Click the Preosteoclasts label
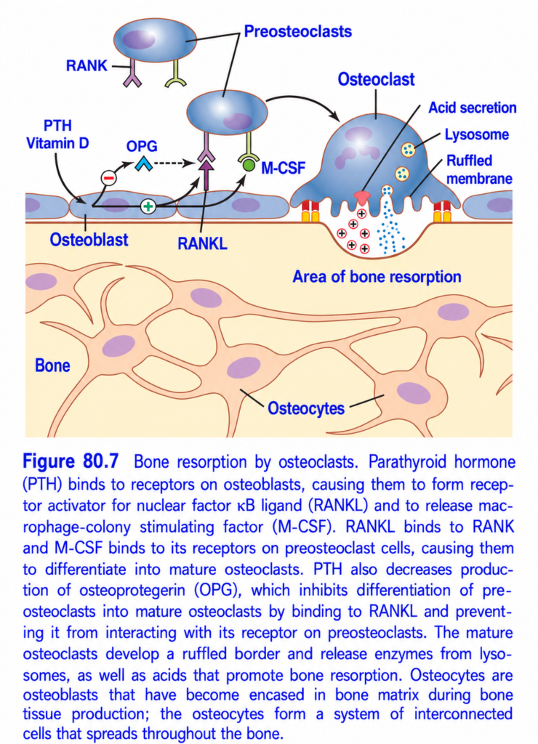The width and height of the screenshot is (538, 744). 298,31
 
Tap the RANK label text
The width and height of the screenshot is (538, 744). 87,65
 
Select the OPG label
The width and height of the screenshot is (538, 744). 142,146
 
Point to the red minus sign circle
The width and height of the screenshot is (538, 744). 109,177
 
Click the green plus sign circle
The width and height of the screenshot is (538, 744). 148,206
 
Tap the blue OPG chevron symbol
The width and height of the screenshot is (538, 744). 143,164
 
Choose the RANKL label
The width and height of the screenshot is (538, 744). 202,243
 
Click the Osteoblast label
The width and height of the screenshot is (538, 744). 89,240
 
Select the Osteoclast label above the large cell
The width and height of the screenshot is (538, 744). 376,79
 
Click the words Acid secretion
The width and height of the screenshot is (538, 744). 473,108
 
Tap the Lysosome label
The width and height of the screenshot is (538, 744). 477,134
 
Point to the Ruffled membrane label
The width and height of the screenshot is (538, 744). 479,169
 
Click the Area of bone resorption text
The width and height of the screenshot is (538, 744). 377,277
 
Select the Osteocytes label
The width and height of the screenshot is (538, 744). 306,408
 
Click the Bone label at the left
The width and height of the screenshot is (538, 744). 52,365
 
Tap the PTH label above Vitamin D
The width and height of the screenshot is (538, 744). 57,126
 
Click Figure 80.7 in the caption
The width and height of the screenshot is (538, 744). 71,461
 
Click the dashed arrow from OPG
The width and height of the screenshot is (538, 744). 174,164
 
